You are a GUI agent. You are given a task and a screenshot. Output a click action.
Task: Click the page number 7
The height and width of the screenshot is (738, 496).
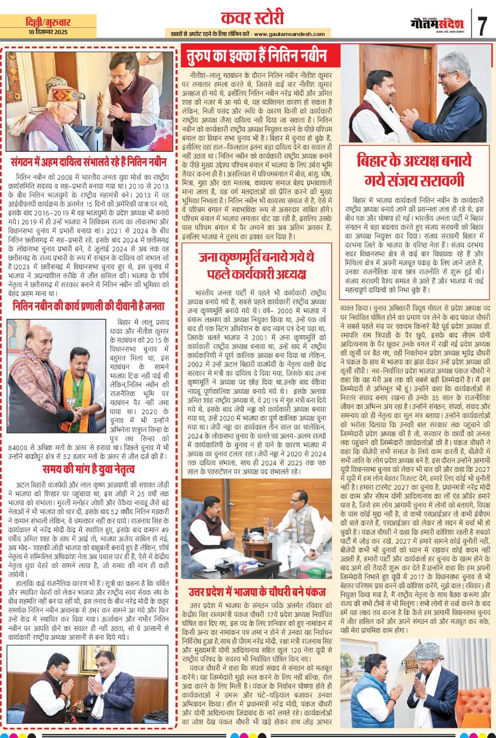(483, 26)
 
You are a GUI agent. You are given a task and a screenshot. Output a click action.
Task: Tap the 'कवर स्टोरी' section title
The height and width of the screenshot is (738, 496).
(252, 19)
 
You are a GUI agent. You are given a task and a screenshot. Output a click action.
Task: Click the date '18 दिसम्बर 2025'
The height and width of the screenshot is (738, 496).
(48, 32)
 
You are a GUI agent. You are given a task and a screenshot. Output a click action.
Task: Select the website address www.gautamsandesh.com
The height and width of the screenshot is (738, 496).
(289, 34)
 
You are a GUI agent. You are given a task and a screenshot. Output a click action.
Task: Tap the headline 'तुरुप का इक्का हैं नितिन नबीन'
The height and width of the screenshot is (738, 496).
(257, 56)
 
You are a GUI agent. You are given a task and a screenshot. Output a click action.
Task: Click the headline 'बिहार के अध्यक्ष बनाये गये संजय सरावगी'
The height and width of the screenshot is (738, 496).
(414, 170)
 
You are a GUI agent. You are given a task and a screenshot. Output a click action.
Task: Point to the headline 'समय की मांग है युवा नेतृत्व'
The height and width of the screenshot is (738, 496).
(88, 470)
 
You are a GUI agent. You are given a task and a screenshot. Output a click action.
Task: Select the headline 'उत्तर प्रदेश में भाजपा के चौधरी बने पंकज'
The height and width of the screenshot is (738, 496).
(257, 592)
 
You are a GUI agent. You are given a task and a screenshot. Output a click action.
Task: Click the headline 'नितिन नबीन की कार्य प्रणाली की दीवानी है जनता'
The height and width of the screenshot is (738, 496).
(88, 306)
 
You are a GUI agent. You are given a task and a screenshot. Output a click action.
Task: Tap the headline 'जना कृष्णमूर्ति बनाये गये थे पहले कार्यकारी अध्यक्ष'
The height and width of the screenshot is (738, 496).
(257, 265)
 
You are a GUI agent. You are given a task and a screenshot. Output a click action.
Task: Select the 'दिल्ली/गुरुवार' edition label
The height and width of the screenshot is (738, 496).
(48, 22)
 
